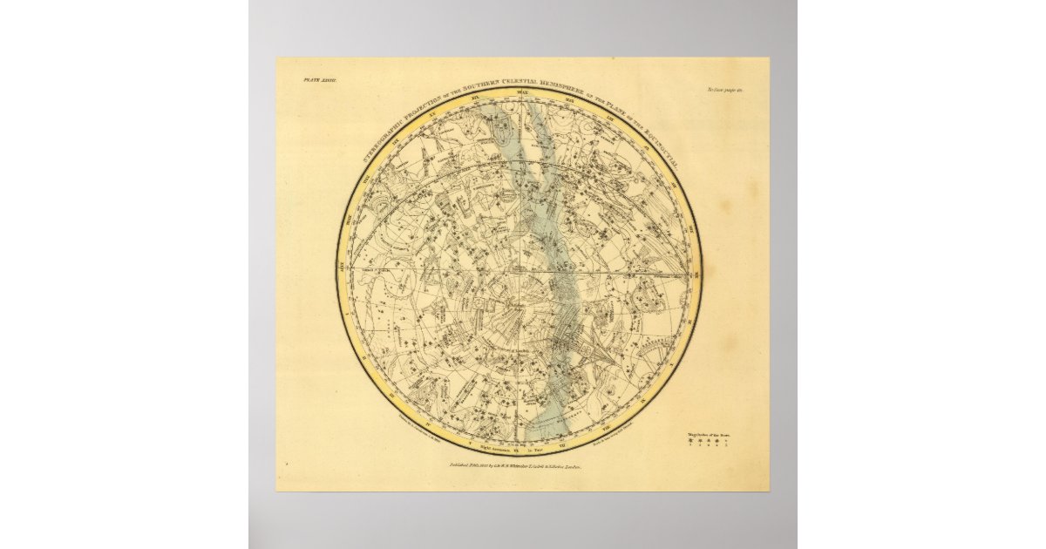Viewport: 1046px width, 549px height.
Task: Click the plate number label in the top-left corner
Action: click(308, 79)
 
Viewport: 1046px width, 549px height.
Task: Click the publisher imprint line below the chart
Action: click(510, 468)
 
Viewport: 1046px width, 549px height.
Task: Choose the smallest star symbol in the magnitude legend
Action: click(726, 443)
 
